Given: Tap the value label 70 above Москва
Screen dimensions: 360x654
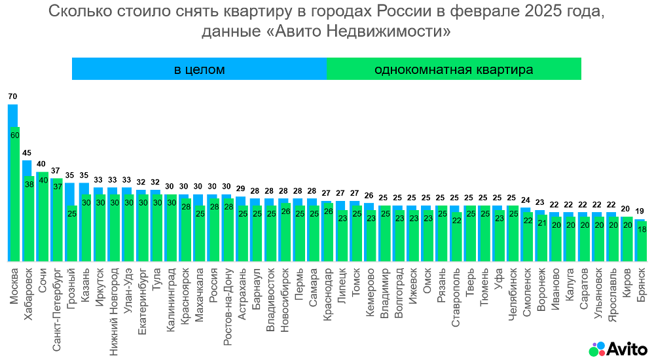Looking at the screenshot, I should [x=12, y=96].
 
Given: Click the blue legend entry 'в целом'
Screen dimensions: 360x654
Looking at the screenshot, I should [x=199, y=69].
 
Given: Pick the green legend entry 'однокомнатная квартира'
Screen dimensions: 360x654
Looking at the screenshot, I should [x=454, y=69].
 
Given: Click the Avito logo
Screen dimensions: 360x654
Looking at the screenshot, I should [x=617, y=348].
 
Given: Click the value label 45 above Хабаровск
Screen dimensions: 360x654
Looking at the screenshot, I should [x=27, y=153].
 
